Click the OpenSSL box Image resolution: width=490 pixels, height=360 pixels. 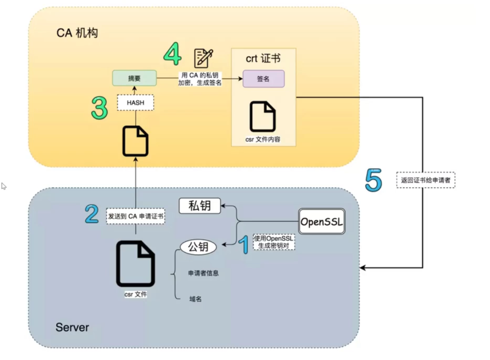point(322,222)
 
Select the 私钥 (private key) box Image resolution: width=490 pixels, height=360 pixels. point(200,206)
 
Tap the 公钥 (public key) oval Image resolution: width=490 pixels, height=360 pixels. point(198,247)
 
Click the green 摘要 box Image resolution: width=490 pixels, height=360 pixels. point(134,78)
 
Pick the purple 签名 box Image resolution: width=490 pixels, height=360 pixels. point(263,79)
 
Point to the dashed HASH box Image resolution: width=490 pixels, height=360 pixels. point(135,103)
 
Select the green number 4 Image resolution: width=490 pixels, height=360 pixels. point(173,54)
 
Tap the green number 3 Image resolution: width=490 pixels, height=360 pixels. point(99,108)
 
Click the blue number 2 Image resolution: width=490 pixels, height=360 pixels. point(92,215)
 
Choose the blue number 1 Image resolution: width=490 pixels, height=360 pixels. point(244,244)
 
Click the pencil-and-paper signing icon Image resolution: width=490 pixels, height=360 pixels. point(204,58)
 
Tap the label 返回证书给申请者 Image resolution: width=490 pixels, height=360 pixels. point(426,180)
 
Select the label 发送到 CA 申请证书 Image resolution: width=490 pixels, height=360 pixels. point(135,216)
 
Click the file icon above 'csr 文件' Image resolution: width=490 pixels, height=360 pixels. point(135,264)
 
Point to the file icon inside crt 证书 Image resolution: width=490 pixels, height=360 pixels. point(263,117)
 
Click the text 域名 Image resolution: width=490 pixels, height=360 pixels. point(195,299)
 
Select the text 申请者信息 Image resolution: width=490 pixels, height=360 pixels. point(203,273)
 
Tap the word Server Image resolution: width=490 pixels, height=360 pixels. point(72,327)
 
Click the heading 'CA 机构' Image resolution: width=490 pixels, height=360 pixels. point(77,33)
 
